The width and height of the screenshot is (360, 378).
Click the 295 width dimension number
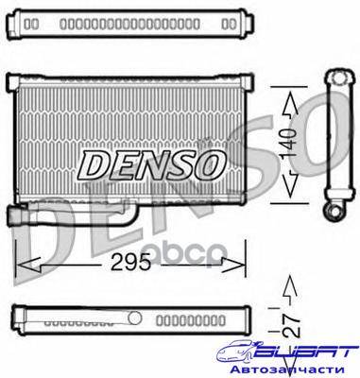coord(130,262)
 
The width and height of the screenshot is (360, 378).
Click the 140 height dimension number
coord(289,143)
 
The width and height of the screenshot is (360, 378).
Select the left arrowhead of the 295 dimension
coord(28,265)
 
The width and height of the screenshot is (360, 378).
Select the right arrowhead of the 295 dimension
coord(233,265)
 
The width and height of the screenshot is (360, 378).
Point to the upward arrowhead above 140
coord(290,104)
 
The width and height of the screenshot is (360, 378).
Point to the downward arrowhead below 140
coord(289,185)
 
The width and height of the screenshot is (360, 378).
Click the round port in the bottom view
coord(135,318)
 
